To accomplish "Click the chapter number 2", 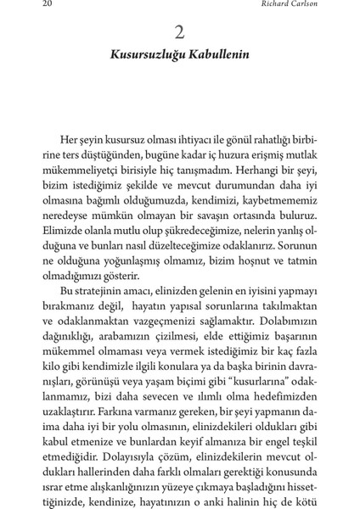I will tap(179, 33).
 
